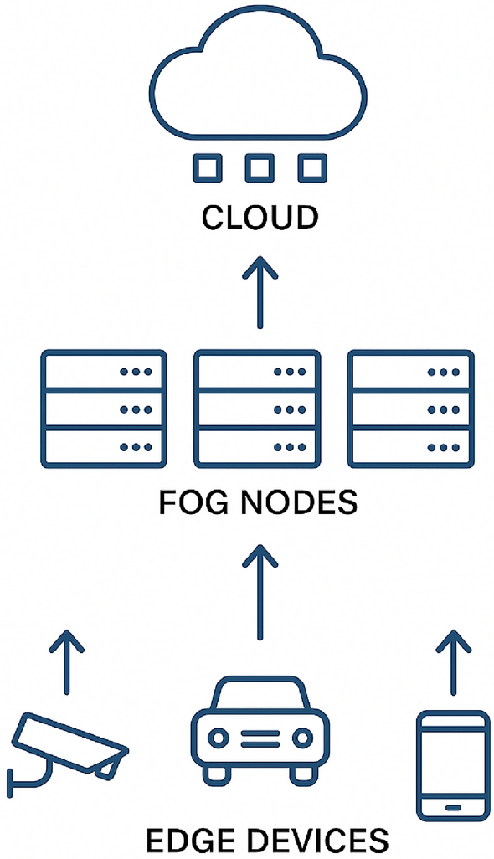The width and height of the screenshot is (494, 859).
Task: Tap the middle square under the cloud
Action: [259, 167]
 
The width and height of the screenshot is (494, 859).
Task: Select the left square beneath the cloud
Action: [207, 167]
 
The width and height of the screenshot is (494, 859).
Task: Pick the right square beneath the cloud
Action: [311, 167]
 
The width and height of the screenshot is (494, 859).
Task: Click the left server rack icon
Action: [104, 409]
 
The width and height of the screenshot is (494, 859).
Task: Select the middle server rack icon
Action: [257, 409]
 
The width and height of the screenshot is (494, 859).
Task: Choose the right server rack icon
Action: [410, 409]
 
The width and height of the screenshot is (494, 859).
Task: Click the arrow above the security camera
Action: [66, 661]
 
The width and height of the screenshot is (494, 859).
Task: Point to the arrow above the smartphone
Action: [454, 661]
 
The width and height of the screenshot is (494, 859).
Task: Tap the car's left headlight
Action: [219, 738]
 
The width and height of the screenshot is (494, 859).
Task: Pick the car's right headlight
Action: [302, 738]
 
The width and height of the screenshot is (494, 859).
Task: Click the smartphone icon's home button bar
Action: [453, 807]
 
